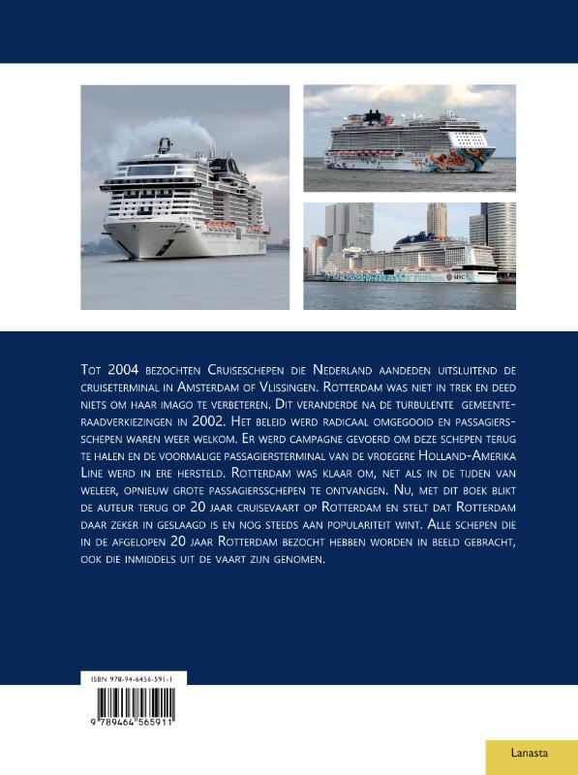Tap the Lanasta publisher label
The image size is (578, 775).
530,751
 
